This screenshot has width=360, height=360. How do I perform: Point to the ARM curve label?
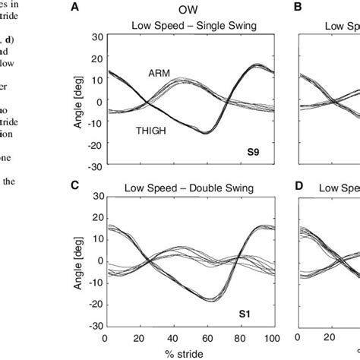tap(159, 74)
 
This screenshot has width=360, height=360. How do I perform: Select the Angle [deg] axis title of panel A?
tap(77, 103)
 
